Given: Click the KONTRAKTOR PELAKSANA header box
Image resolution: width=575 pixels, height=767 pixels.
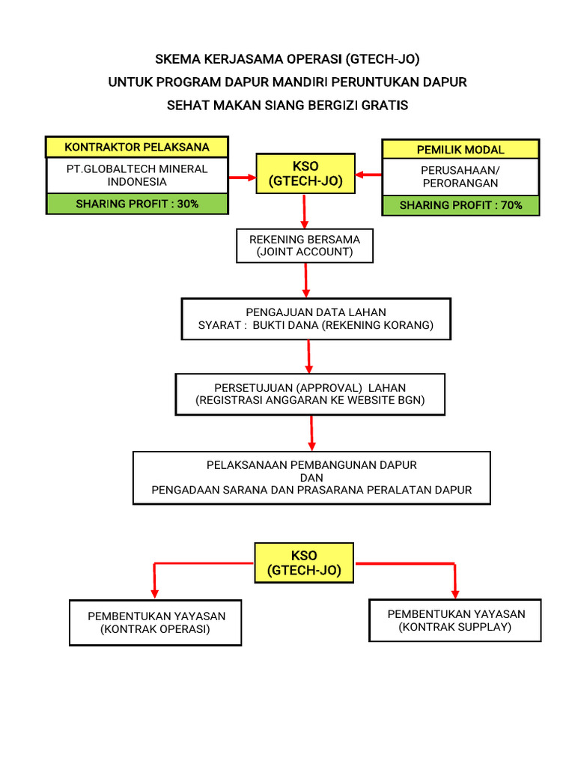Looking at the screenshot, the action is tap(137, 147).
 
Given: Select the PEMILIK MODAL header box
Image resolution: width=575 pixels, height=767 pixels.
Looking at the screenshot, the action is tap(460, 149).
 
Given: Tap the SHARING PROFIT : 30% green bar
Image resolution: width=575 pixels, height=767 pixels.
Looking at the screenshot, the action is tap(137, 204).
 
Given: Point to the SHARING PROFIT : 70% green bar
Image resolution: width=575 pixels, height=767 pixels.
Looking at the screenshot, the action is tap(460, 205).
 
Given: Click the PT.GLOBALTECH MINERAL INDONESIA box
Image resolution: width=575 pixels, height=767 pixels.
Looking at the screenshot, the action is tap(137, 175).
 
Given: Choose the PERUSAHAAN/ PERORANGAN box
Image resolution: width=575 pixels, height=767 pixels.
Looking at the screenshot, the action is tap(460, 177).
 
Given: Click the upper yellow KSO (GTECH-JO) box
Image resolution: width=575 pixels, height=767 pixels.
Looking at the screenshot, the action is tap(305, 174).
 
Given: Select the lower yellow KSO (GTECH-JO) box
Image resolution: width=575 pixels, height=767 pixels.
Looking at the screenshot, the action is tap(304, 563).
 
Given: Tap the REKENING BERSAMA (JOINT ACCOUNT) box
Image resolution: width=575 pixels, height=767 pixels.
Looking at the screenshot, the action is tap(305, 246).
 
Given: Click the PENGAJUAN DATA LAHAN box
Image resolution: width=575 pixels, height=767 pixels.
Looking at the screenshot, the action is tap(316, 318).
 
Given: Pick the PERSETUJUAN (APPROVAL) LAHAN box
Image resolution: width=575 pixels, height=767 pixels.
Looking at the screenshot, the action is tap(310, 394).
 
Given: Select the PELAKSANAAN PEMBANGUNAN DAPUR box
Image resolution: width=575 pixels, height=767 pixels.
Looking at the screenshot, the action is tap(311, 477).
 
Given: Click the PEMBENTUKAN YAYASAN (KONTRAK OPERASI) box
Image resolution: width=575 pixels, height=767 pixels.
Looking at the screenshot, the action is tap(156, 622).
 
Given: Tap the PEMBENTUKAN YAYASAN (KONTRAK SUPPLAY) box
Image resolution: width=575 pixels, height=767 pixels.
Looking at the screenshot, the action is tap(455, 620).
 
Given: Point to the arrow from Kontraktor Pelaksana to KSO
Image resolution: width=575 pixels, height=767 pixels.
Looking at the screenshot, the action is tap(243, 177).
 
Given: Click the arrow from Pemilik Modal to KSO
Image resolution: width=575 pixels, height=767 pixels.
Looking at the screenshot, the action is tap(368, 175).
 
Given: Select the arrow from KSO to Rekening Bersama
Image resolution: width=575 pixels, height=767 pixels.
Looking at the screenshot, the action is tap(304, 211).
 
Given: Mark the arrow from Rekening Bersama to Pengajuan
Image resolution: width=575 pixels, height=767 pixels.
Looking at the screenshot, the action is tap(306, 280).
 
